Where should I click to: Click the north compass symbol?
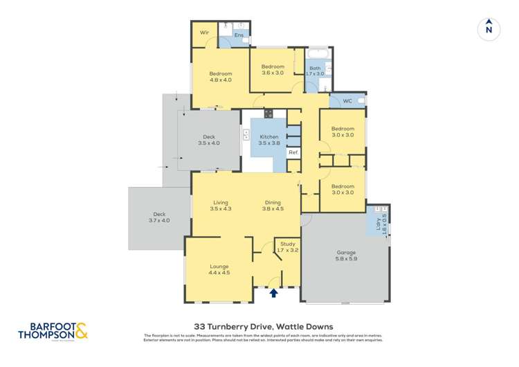click(489, 29)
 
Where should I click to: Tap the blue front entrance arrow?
click(273, 294)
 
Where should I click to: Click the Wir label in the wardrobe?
click(204, 33)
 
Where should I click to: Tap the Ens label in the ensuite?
click(239, 35)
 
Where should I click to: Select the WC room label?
click(348, 101)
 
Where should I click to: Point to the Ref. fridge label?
click(293, 152)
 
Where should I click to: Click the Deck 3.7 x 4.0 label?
click(160, 217)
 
